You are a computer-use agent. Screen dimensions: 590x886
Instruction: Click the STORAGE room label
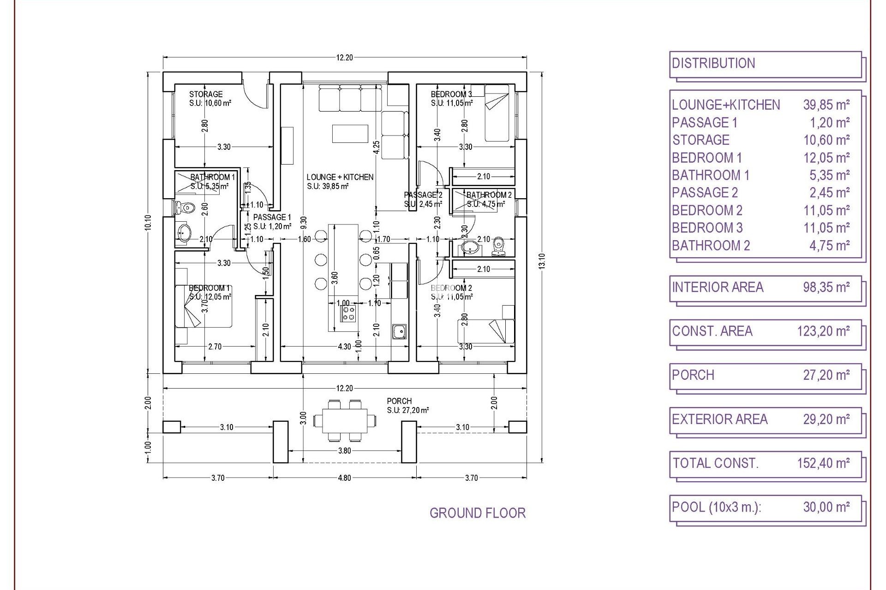pyautogui.click(x=206, y=94)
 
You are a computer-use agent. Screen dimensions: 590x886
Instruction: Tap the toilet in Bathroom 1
pyautogui.click(x=185, y=208)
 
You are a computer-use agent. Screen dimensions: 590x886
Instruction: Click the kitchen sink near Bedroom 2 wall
pyautogui.click(x=399, y=331)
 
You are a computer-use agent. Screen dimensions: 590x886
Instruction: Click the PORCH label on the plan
pyautogui.click(x=399, y=401)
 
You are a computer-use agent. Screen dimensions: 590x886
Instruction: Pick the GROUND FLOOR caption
pyautogui.click(x=477, y=513)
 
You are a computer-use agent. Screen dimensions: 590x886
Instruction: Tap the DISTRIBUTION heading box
pyautogui.click(x=765, y=64)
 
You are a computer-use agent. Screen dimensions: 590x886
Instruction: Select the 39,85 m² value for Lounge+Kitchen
pyautogui.click(x=826, y=105)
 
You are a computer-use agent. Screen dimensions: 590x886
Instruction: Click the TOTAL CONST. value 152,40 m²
pyautogui.click(x=823, y=463)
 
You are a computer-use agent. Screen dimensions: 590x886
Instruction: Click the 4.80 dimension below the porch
pyautogui.click(x=344, y=478)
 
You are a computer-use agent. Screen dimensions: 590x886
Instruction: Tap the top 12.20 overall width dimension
pyautogui.click(x=344, y=58)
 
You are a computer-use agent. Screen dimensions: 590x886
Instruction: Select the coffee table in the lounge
pyautogui.click(x=350, y=134)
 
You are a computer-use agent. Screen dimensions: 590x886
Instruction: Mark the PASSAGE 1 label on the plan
pyautogui.click(x=272, y=217)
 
